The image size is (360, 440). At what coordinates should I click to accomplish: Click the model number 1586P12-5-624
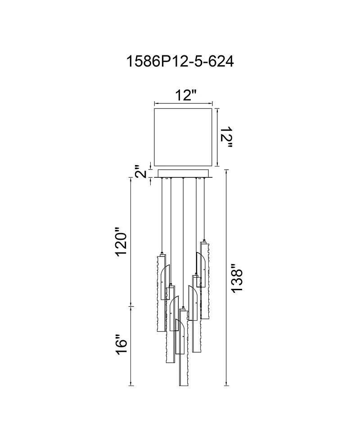click(x=180, y=61)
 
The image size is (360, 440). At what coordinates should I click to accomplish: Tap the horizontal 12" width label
click(x=185, y=95)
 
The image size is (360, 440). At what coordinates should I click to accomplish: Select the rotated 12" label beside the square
click(x=226, y=137)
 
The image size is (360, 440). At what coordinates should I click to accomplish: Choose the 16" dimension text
click(x=122, y=345)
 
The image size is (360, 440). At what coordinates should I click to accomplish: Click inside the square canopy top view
click(x=184, y=137)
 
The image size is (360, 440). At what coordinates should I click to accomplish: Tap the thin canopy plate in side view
click(x=184, y=173)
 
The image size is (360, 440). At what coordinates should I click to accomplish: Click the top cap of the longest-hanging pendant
click(x=183, y=308)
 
